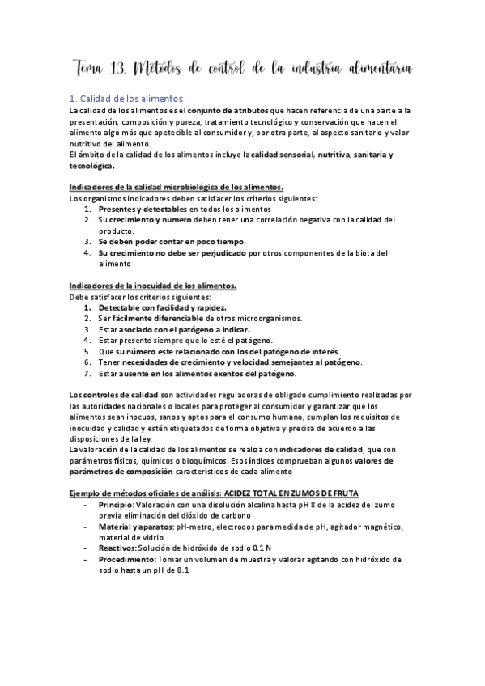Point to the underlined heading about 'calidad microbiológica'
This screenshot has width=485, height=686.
176,187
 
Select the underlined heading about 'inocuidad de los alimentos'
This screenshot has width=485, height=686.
153,286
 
